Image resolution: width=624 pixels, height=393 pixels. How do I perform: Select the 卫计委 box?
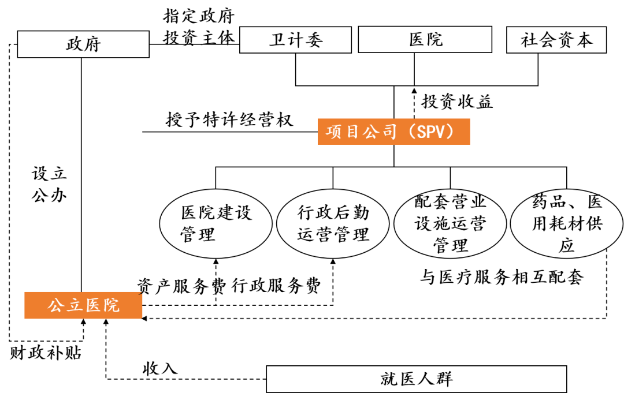pyautogui.click(x=295, y=40)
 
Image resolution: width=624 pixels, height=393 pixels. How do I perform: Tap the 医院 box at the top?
pyautogui.click(x=426, y=40)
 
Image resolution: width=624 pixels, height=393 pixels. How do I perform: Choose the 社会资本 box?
pyautogui.click(x=556, y=40)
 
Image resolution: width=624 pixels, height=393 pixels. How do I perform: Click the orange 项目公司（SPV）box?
pyautogui.click(x=393, y=132)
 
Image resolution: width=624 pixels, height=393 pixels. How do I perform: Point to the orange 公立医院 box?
pyautogui.click(x=83, y=305)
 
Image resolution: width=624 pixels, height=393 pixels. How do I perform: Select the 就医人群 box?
pyautogui.click(x=416, y=379)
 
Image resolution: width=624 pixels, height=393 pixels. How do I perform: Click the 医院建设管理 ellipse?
pyautogui.click(x=216, y=224)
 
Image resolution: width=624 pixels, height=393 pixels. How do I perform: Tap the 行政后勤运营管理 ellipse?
pyautogui.click(x=333, y=224)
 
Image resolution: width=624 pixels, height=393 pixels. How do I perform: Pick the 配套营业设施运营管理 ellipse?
pyautogui.click(x=451, y=224)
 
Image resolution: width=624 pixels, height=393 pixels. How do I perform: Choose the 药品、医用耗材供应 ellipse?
pyautogui.click(x=567, y=224)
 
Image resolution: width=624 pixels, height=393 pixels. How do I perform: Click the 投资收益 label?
pyautogui.click(x=457, y=102)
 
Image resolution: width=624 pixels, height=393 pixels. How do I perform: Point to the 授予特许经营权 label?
pyautogui.click(x=229, y=120)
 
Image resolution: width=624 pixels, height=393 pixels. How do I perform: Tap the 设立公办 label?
pyautogui.click(x=49, y=184)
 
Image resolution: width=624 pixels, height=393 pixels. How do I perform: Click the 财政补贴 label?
pyautogui.click(x=46, y=353)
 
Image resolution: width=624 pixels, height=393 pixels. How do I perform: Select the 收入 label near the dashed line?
pyautogui.click(x=159, y=368)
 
